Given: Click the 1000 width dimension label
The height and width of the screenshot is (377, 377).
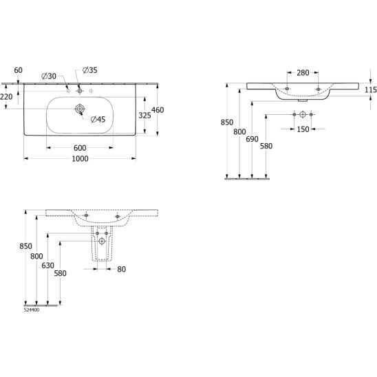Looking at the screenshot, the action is pyautogui.click(x=80, y=159).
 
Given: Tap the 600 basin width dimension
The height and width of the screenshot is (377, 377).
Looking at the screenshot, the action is pyautogui.click(x=80, y=148).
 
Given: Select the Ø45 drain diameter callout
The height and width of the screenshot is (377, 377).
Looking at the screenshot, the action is pyautogui.click(x=98, y=119).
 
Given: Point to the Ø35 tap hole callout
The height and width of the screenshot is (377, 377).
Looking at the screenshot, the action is pyautogui.click(x=90, y=70).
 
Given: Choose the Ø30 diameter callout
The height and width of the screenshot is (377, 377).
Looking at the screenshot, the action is pyautogui.click(x=49, y=76).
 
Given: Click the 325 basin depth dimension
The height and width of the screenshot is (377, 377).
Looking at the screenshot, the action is pyautogui.click(x=144, y=116).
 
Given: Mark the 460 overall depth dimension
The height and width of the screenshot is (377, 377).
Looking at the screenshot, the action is pyautogui.click(x=158, y=110).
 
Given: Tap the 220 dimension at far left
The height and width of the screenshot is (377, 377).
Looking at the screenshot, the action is pyautogui.click(x=6, y=97).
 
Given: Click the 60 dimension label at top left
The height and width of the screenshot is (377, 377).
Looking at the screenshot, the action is pyautogui.click(x=19, y=70).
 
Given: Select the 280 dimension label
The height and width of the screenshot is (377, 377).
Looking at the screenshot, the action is pyautogui.click(x=303, y=73).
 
